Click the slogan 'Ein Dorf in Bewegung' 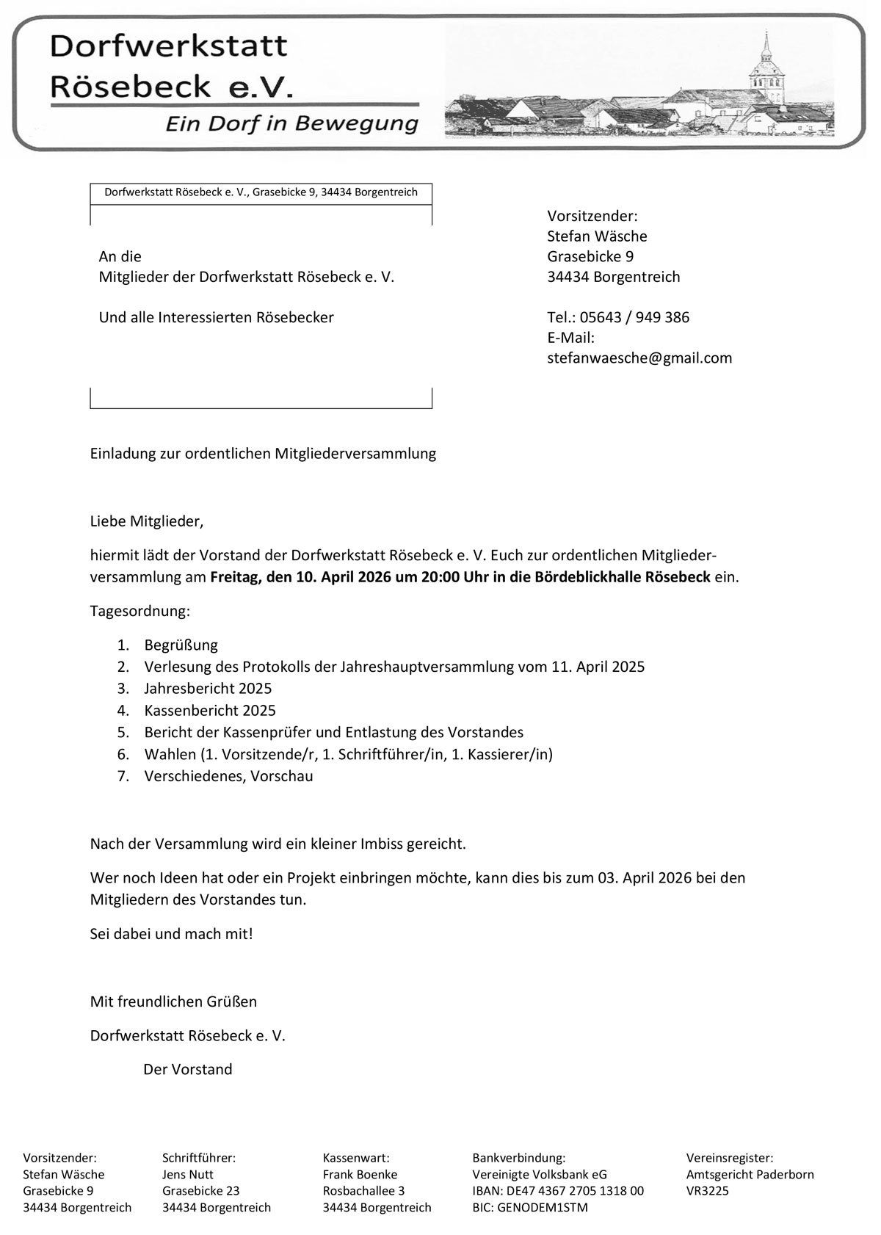291,123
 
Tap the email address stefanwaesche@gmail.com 639,358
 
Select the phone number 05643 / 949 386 634,317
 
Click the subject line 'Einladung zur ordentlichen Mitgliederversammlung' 263,454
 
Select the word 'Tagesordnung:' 139,611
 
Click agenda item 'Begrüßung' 181,645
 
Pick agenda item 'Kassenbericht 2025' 210,710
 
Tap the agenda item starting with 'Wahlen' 348,754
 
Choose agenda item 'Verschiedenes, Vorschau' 228,776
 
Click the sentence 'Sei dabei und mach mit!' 171,934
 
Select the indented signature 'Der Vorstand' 188,1069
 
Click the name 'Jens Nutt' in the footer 188,1174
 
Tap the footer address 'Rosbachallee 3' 363,1190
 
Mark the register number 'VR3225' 708,1190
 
